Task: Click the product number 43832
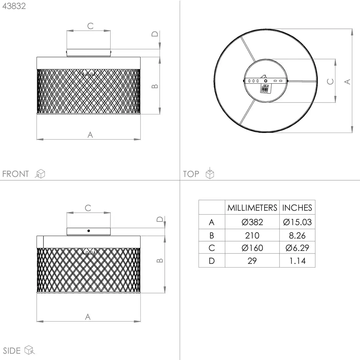pyautogui.click(x=14, y=6)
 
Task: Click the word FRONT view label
pyautogui.click(x=16, y=174)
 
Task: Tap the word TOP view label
pyautogui.click(x=191, y=174)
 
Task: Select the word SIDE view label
pyautogui.click(x=12, y=351)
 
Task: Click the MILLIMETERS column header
pyautogui.click(x=252, y=208)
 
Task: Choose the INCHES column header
pyautogui.click(x=297, y=208)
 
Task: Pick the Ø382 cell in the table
pyautogui.click(x=252, y=222)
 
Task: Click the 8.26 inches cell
pyautogui.click(x=297, y=235)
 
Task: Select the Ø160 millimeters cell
pyautogui.click(x=252, y=248)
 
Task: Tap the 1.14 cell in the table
pyautogui.click(x=297, y=261)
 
